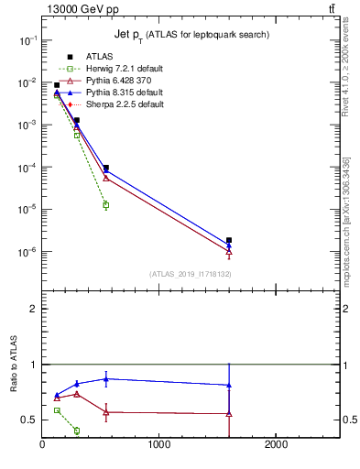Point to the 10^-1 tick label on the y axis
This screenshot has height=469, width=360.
[x=27, y=40]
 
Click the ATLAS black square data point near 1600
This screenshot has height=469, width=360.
[x=229, y=240]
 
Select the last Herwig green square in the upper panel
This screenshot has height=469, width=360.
[x=106, y=205]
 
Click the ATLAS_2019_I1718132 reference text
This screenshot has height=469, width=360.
[x=189, y=273]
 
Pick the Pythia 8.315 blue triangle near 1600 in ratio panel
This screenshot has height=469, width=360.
[x=229, y=386]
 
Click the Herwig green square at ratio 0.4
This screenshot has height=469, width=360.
[x=77, y=431]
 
